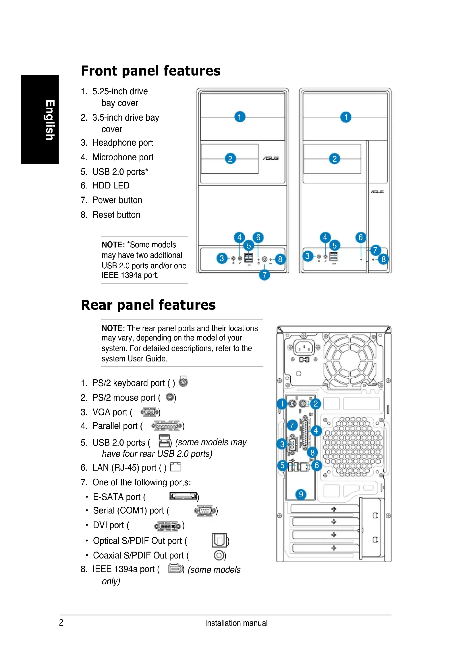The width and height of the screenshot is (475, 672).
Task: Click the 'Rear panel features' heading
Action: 148,305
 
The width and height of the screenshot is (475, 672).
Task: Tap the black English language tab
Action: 40,120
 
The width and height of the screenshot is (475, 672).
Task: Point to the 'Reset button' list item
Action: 116,215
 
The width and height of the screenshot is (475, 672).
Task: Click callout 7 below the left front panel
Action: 264,275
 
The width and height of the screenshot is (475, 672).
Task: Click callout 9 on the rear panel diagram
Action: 301,494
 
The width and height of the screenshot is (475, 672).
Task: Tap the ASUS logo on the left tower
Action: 271,158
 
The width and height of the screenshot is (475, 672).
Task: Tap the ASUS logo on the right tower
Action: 377,192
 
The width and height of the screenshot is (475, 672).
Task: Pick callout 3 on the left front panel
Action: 222,258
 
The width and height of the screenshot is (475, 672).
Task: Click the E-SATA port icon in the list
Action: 184,496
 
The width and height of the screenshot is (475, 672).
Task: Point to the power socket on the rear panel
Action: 304,348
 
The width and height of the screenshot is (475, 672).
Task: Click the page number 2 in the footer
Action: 61,623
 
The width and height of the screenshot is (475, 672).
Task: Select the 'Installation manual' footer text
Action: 236,623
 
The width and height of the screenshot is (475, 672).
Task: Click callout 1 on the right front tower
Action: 346,117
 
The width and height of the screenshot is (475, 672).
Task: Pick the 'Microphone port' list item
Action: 123,157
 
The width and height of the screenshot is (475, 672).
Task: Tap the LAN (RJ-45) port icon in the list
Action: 175,467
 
